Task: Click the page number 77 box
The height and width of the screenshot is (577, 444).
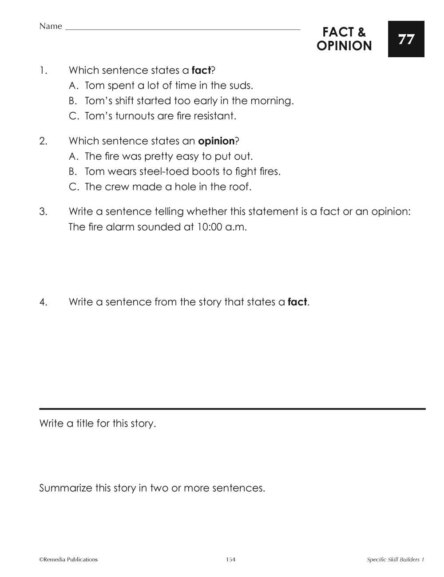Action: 406,39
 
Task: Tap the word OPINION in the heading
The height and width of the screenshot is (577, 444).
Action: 344,46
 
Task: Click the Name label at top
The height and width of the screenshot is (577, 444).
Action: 51,26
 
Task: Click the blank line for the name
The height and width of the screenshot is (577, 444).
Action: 182,29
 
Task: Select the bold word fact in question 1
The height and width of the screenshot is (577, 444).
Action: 201,70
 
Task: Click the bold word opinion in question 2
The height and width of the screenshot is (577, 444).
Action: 216,141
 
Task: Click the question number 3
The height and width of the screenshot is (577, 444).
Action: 43,212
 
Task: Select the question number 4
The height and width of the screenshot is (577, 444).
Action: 43,302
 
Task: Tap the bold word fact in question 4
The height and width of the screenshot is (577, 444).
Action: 297,302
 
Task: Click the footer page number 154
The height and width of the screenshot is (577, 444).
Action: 230,560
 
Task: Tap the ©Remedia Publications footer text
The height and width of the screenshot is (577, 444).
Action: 68,560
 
